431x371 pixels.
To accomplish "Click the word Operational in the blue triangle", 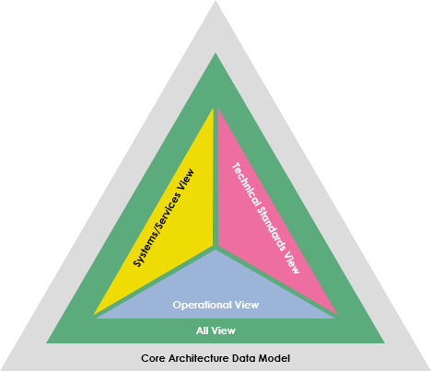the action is coord(202,305).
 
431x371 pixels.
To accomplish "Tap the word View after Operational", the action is coord(247,305).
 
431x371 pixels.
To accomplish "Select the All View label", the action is coord(215,330).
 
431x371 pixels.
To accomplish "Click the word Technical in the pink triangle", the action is coord(247,185).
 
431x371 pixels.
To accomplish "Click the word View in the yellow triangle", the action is coord(185,180).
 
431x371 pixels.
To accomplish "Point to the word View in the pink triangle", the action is coord(291,262).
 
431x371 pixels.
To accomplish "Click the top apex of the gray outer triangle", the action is coord(215,1).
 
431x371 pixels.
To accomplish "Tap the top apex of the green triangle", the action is coord(215,53).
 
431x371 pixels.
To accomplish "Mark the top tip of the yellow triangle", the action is coord(213,109).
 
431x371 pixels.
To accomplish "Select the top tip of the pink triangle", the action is coord(217,109).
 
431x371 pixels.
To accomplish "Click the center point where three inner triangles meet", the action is coord(215,248).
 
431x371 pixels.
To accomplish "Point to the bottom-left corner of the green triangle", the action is coord(47,342).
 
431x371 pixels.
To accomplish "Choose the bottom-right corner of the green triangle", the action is coord(384,342).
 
